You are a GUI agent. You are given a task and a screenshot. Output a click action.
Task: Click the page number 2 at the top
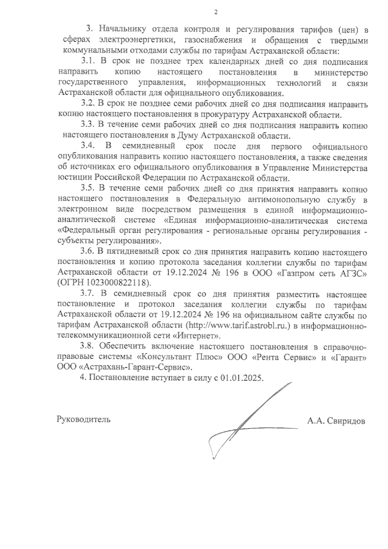click(216, 13)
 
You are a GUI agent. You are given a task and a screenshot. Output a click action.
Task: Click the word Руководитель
click(83, 419)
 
